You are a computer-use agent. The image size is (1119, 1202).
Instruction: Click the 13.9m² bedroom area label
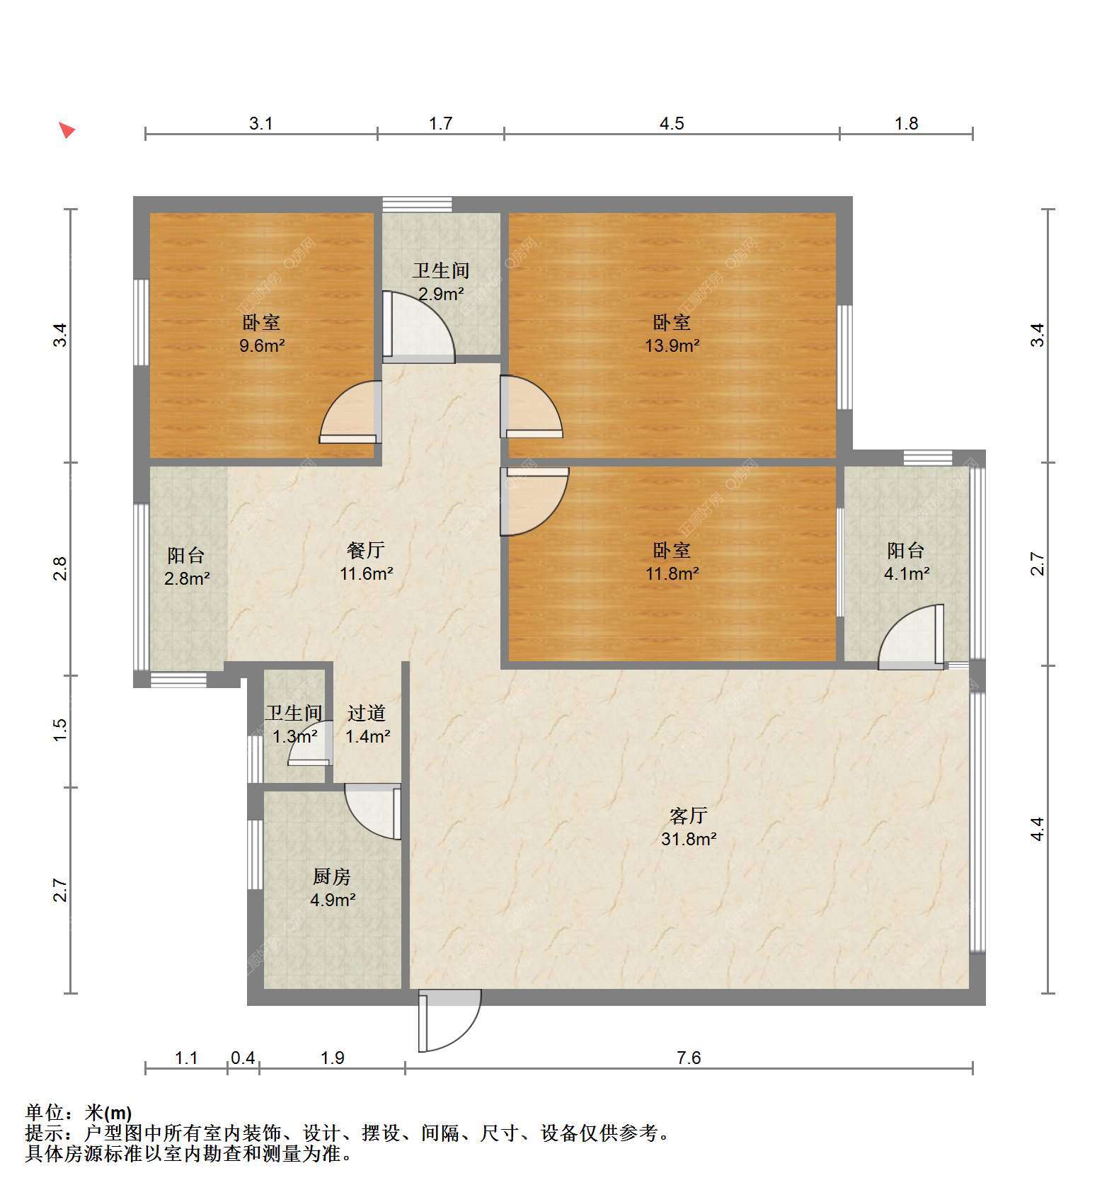pos(672,346)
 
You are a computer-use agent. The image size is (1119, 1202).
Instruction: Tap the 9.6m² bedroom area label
pos(261,346)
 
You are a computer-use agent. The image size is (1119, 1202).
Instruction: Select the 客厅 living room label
pos(688,816)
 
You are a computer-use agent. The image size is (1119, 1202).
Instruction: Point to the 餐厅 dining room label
pos(366,550)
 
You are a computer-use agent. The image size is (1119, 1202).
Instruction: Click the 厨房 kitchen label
pos(332,877)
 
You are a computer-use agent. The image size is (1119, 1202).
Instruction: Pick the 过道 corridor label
pos(367,714)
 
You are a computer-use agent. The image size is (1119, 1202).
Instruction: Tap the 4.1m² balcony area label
pos(907,574)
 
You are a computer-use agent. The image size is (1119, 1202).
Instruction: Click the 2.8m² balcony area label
pos(187,579)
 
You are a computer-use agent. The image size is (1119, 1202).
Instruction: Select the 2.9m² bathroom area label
pos(440,294)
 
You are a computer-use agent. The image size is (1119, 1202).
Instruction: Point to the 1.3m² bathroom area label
pos(294,737)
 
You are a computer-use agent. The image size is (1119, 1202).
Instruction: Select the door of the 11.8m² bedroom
pos(534,500)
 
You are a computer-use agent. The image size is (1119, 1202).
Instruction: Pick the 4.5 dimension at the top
pos(672,124)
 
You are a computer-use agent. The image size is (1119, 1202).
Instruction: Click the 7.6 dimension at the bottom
pos(689,1058)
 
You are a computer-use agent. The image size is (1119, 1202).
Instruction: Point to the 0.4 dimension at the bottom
pos(243,1058)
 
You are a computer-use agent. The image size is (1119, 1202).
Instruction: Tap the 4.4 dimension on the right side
pos(1037,829)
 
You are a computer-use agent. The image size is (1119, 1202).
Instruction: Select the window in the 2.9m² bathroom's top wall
pos(417,205)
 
